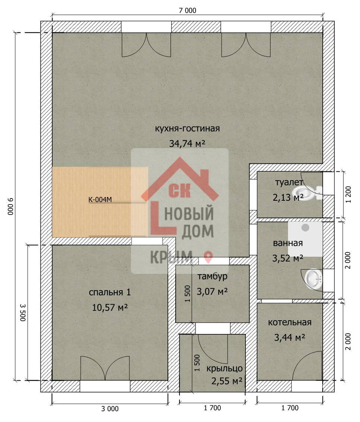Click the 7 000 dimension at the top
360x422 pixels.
click(x=188, y=10)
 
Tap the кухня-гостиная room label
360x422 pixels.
click(x=187, y=128)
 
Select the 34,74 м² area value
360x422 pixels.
click(x=187, y=143)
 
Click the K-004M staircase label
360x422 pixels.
click(x=100, y=199)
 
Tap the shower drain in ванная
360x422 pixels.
click(x=305, y=228)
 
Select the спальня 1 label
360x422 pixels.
click(x=110, y=292)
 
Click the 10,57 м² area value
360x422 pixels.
click(x=110, y=307)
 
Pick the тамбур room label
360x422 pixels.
click(x=212, y=276)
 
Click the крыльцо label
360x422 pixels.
click(x=225, y=368)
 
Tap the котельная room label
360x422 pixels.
click(x=290, y=322)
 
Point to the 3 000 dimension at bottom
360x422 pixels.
click(x=110, y=409)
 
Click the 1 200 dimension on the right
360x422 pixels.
click(x=348, y=195)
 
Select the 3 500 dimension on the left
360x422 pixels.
click(x=23, y=313)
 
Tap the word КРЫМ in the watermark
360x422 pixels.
click(x=171, y=257)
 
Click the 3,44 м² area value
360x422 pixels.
click(x=289, y=337)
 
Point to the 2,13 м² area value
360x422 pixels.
click(x=288, y=197)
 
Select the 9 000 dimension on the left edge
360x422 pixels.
click(x=10, y=206)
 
